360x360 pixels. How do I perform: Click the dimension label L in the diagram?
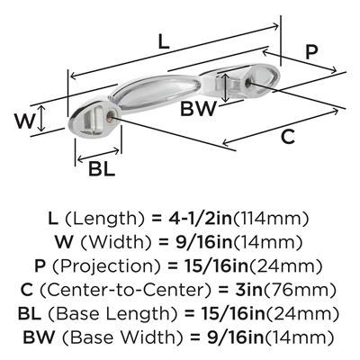[x=164, y=41]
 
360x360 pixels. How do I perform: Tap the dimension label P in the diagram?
[x=311, y=52]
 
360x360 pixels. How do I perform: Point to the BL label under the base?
[x=102, y=168]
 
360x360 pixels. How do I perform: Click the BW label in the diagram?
[x=198, y=109]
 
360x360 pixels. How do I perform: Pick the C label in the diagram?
[x=288, y=137]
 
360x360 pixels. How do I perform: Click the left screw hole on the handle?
[x=111, y=116]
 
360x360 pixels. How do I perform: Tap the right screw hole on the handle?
[x=248, y=83]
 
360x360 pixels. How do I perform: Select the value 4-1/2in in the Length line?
[x=201, y=219]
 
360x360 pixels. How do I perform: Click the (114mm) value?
[x=271, y=219]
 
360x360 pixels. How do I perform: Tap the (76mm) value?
[x=299, y=290]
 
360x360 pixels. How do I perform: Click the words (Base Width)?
[x=122, y=337]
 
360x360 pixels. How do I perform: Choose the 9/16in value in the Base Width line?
[x=235, y=337]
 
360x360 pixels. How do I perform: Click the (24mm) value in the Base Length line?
[x=303, y=314]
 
